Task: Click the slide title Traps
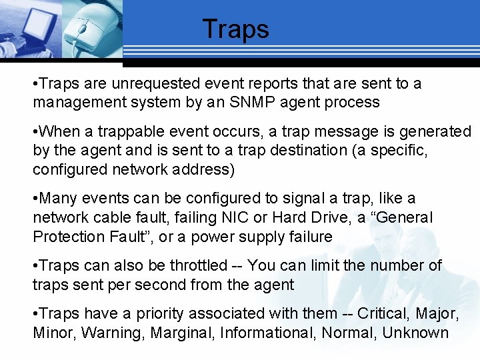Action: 235,29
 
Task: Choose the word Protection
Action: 68,236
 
